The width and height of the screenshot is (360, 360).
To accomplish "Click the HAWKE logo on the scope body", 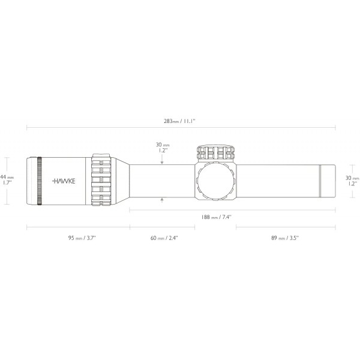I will tap(63, 181).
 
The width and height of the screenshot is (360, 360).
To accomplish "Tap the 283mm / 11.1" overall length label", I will tap(179, 121).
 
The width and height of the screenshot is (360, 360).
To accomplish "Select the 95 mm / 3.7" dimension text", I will tap(82, 238).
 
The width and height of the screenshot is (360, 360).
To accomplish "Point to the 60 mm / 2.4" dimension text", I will tap(164, 238).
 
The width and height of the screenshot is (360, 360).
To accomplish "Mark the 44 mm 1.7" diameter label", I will tap(7, 180).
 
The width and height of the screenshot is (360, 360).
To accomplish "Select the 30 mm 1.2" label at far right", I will tap(352, 181).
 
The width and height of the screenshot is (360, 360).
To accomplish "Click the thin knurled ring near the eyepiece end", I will tap(40, 181).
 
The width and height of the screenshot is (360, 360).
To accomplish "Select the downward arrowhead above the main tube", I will tap(162, 162).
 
